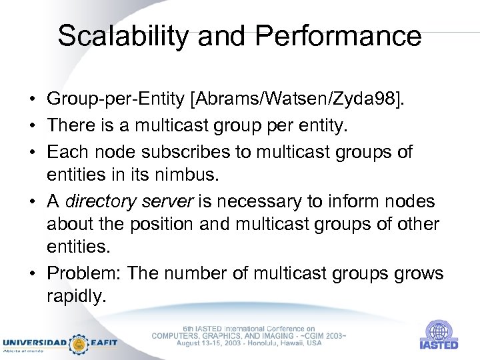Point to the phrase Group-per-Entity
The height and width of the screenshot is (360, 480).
(116, 101)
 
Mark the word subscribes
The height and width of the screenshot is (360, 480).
(196, 152)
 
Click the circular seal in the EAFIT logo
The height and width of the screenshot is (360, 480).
(80, 343)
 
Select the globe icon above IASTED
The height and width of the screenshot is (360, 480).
(438, 331)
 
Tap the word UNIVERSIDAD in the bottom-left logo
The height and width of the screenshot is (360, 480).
(35, 343)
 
